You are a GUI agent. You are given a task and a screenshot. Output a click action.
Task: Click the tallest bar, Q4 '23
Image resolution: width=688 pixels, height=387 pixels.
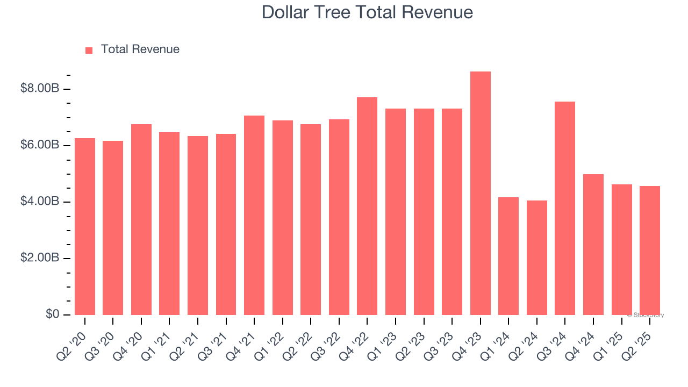(480, 193)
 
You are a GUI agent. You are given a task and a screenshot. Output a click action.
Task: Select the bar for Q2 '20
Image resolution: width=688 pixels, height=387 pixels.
(85, 226)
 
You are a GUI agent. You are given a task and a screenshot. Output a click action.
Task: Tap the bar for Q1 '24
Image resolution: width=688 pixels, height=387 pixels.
(508, 256)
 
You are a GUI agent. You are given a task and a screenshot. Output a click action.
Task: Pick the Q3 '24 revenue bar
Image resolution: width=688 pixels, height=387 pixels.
(565, 208)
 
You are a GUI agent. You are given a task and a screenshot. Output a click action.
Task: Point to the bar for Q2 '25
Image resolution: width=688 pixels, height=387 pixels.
(650, 250)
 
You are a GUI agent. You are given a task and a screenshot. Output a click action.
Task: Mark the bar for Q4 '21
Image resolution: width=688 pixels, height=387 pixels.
(254, 215)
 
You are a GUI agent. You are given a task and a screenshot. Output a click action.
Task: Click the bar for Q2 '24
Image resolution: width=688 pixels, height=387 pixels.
(536, 257)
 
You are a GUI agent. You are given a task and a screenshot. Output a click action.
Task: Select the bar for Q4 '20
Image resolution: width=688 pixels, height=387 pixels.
(141, 219)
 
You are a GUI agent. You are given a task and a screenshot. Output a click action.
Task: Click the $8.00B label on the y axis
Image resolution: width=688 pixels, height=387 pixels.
(39, 89)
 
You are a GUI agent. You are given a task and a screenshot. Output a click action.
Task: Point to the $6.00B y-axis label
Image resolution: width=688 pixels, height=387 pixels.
(39, 145)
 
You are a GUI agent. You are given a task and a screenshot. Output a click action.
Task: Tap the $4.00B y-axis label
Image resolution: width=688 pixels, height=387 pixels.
(39, 202)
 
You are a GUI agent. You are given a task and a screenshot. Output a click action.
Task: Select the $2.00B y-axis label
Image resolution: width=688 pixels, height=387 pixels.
(39, 258)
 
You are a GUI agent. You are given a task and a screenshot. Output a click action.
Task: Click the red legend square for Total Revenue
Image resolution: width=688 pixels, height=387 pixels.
(89, 51)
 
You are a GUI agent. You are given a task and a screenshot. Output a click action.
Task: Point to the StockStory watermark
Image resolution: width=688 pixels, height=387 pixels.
(646, 315)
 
